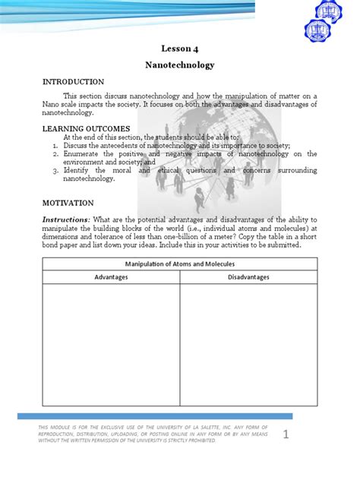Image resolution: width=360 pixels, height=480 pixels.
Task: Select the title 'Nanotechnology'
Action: point(180,65)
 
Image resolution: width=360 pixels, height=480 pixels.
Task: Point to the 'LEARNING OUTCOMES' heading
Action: point(87,128)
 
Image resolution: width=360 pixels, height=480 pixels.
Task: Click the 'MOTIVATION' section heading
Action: point(68,203)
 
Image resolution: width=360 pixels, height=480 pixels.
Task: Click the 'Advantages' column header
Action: point(111,277)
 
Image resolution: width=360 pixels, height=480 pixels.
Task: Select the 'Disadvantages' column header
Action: point(248,277)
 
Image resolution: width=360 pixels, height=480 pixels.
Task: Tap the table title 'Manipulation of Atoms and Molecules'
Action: point(180,264)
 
